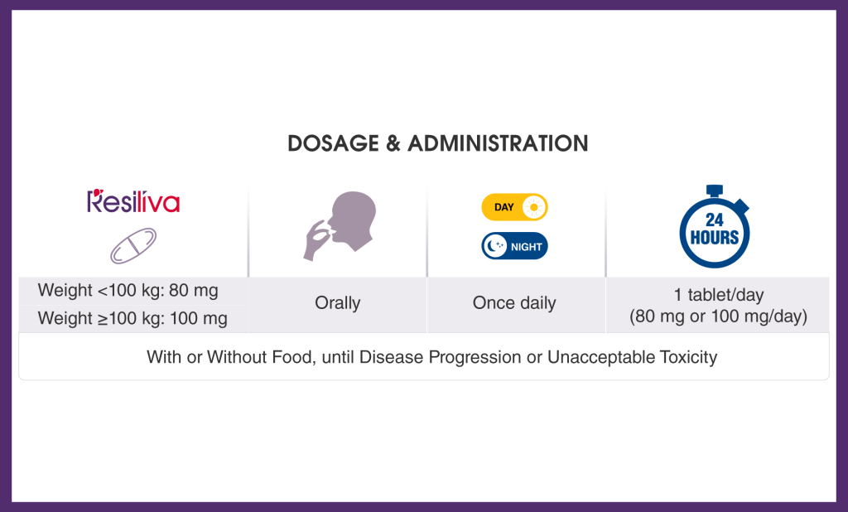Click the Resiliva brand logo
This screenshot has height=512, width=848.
pyautogui.click(x=133, y=200)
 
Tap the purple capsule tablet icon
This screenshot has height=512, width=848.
pyautogui.click(x=133, y=246)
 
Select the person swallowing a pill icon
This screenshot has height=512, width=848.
pyautogui.click(x=340, y=225)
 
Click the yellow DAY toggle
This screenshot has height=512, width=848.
pyautogui.click(x=514, y=207)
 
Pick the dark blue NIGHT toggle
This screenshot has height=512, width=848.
pyautogui.click(x=514, y=246)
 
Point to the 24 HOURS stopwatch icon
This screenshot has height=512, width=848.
pyautogui.click(x=715, y=226)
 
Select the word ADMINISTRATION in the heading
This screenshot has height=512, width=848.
pyautogui.click(x=498, y=143)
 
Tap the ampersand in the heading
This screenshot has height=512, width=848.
pyautogui.click(x=393, y=143)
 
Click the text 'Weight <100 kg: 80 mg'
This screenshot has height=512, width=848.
pyautogui.click(x=128, y=291)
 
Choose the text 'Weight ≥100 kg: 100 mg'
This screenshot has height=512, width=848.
pyautogui.click(x=132, y=318)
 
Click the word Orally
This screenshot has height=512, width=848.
pyautogui.click(x=338, y=303)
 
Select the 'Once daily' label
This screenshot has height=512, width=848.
pyautogui.click(x=514, y=303)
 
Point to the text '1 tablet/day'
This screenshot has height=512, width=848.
pyautogui.click(x=718, y=295)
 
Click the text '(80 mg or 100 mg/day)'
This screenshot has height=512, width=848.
pyautogui.click(x=718, y=316)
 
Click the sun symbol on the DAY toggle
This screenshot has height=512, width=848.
pyautogui.click(x=534, y=207)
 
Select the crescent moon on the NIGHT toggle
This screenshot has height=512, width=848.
pyautogui.click(x=494, y=246)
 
